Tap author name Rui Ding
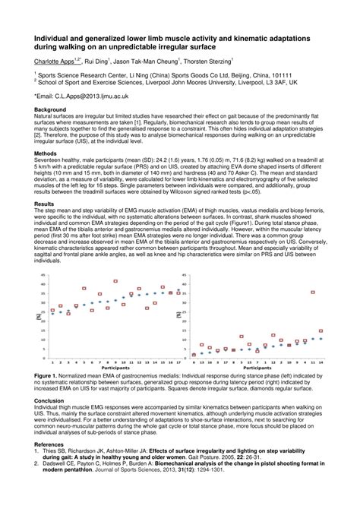[97, 61]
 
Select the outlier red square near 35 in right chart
[312, 292]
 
